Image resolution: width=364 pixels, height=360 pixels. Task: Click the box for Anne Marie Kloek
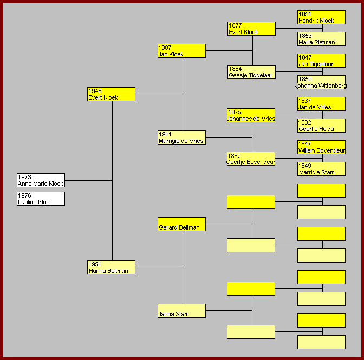click(41, 180)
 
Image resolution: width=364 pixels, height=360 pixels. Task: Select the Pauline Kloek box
click(41, 199)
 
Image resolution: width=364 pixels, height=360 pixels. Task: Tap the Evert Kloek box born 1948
click(111, 94)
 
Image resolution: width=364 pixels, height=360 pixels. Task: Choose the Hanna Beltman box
click(111, 267)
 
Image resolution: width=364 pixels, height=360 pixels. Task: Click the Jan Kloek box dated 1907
click(181, 51)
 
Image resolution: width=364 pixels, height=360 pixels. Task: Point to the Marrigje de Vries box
click(181, 138)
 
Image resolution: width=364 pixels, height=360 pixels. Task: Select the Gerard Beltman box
click(181, 224)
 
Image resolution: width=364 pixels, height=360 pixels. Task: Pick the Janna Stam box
click(181, 311)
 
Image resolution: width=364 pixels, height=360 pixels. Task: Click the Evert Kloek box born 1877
click(251, 29)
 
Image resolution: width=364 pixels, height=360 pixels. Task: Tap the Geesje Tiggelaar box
click(251, 72)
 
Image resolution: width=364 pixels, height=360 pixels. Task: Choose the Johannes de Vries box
click(251, 115)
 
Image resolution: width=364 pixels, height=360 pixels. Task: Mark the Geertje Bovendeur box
click(251, 159)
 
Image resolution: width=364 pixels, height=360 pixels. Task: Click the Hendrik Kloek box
click(321, 17)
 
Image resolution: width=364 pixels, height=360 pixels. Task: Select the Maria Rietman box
click(321, 39)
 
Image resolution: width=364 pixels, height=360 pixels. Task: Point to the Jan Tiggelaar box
click(321, 61)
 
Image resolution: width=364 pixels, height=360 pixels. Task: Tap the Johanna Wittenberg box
click(321, 82)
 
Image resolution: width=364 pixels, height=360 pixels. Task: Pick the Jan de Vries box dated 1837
click(321, 104)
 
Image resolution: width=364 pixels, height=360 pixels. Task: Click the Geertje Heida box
click(321, 126)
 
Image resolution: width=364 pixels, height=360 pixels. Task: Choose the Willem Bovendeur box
click(321, 147)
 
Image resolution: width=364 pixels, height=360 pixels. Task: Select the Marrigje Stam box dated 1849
click(321, 169)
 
